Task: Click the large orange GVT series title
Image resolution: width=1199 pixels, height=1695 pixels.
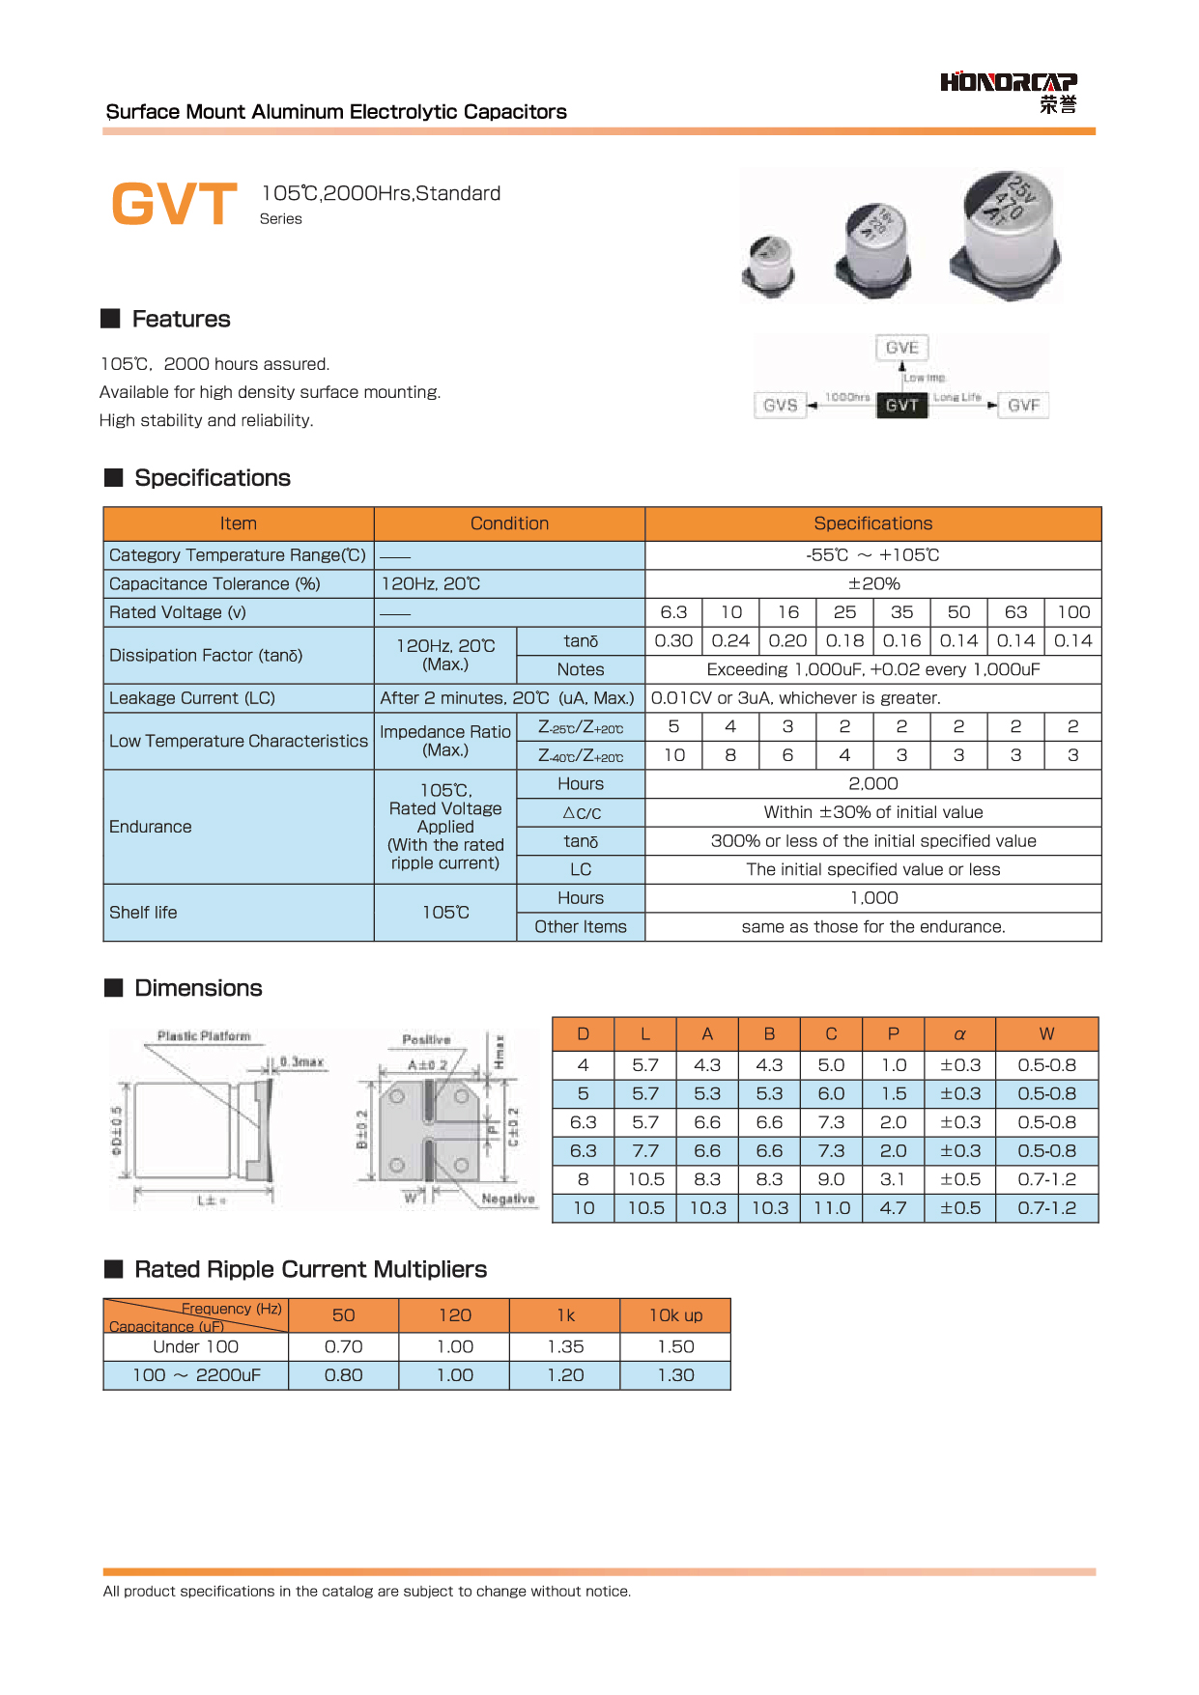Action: click(x=175, y=204)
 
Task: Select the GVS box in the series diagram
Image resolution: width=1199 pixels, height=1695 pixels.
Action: click(x=780, y=405)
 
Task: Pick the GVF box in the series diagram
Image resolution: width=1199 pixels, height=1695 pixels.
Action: click(x=1023, y=405)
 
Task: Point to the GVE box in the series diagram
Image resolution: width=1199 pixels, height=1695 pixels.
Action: click(x=901, y=348)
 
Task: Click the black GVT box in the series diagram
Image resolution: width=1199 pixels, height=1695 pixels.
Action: click(x=901, y=405)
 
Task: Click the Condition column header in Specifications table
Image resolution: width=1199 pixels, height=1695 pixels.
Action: click(x=509, y=523)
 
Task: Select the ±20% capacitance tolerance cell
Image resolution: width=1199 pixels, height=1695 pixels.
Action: click(x=873, y=583)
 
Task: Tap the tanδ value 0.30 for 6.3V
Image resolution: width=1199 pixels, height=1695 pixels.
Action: click(x=673, y=640)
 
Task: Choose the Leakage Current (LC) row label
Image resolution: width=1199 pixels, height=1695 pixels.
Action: click(x=192, y=697)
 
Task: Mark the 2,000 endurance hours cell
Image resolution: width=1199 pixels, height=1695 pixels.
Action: click(x=873, y=783)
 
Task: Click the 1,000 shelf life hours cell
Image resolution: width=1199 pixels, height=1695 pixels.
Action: click(x=873, y=897)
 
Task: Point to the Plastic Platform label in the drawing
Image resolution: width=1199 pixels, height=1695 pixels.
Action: click(x=204, y=1035)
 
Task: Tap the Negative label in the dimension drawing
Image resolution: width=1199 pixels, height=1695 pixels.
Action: click(x=507, y=1199)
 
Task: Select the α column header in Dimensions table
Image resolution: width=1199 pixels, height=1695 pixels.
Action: click(x=959, y=1033)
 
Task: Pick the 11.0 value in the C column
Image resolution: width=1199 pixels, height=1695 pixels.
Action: click(x=831, y=1207)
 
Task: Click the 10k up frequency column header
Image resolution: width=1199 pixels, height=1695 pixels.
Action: click(x=675, y=1315)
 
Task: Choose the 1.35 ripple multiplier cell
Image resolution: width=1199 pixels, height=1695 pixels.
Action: click(x=565, y=1346)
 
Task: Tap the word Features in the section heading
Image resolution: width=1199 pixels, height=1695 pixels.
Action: click(x=182, y=319)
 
